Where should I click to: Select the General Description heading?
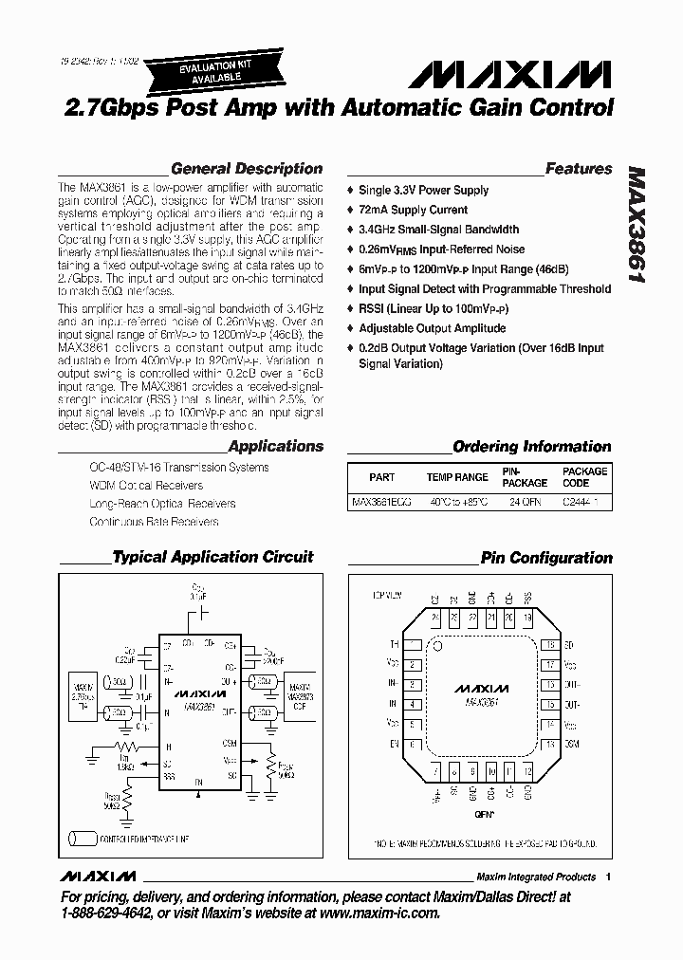[x=247, y=169]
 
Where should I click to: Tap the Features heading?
[x=579, y=169]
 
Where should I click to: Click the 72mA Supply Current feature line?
[x=413, y=210]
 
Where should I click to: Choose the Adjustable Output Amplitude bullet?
[x=432, y=328]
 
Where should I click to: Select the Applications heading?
[x=276, y=446]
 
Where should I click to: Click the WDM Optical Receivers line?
[x=146, y=486]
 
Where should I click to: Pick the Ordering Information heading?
[x=531, y=446]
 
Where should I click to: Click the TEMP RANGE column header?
[x=457, y=477]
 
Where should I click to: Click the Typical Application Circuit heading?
[x=212, y=557]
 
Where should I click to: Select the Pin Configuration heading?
[x=546, y=558]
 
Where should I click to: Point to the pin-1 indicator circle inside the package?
[x=439, y=644]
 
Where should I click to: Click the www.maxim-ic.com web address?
[x=372, y=913]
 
